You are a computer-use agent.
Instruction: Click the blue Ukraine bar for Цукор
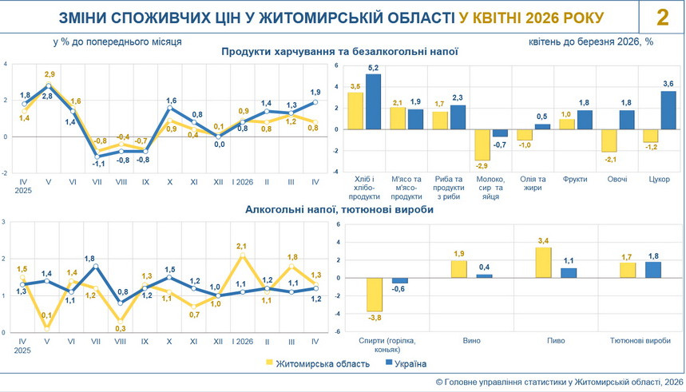(668, 110)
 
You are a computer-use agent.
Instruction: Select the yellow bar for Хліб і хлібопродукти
(355, 111)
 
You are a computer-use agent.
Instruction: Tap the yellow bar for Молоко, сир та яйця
(482, 145)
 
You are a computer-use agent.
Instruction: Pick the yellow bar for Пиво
(543, 263)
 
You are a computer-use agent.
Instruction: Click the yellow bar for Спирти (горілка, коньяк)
(375, 295)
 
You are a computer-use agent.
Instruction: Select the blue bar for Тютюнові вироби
(652, 270)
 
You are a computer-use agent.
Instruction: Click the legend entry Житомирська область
(318, 363)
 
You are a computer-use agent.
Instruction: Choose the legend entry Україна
(405, 363)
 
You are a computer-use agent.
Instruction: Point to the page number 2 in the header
(662, 18)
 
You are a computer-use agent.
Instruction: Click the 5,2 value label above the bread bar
(373, 68)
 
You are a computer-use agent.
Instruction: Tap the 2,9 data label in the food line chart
(50, 74)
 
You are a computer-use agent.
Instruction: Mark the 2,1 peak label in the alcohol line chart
(241, 247)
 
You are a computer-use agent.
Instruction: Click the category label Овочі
(617, 179)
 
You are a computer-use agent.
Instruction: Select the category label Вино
(471, 340)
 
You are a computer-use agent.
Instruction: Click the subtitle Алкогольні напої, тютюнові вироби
(339, 209)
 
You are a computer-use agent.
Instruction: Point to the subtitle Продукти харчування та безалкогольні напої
(339, 52)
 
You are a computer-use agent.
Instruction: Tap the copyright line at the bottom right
(559, 382)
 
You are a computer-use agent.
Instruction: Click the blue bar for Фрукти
(584, 120)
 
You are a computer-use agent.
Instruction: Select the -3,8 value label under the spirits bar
(375, 318)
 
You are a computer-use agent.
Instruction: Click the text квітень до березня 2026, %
(591, 42)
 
